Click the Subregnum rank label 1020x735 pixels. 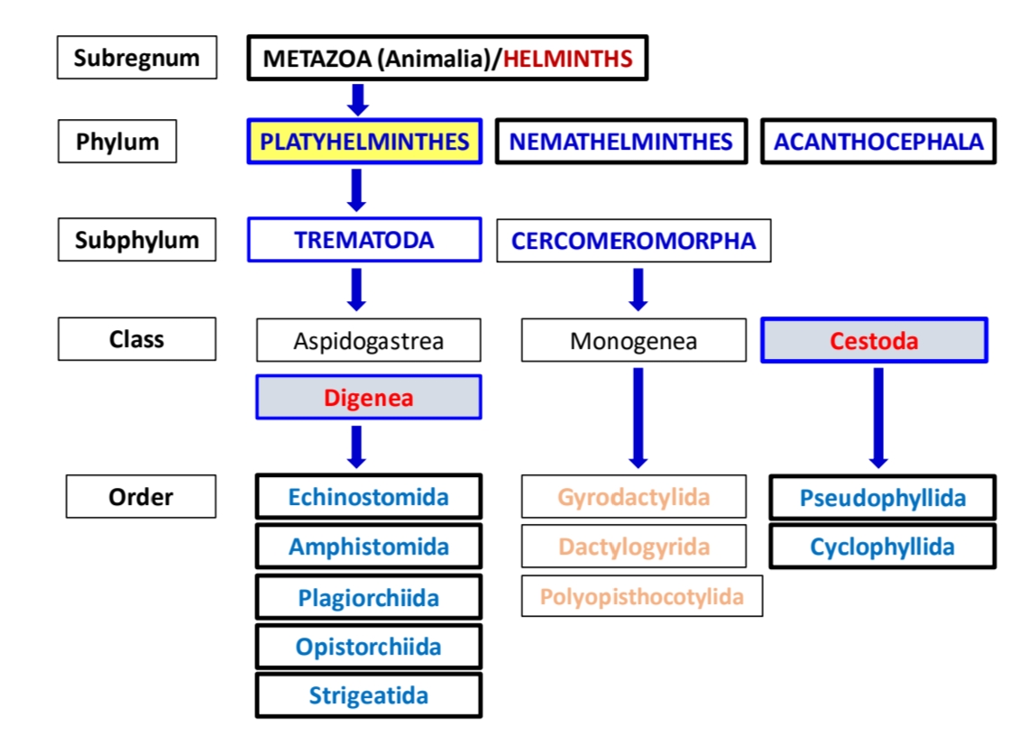click(x=136, y=58)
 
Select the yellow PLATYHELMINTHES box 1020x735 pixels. click(x=364, y=142)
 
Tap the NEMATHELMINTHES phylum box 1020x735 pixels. click(x=620, y=142)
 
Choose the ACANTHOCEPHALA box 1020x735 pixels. click(x=878, y=142)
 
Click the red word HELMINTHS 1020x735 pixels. click(x=568, y=60)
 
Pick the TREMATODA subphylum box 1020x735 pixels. click(x=363, y=241)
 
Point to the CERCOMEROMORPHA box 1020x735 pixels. click(x=633, y=241)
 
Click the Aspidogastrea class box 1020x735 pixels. click(x=368, y=341)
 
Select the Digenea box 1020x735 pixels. click(x=368, y=398)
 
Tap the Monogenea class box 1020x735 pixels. click(x=633, y=341)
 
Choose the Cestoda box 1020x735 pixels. click(x=874, y=341)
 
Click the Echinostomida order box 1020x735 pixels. click(x=368, y=497)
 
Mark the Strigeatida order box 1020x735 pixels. click(x=368, y=695)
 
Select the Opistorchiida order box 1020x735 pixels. click(x=368, y=647)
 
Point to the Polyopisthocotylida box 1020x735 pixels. click(x=641, y=596)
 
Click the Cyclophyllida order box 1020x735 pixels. click(x=881, y=547)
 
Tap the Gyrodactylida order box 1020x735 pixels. click(x=633, y=497)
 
